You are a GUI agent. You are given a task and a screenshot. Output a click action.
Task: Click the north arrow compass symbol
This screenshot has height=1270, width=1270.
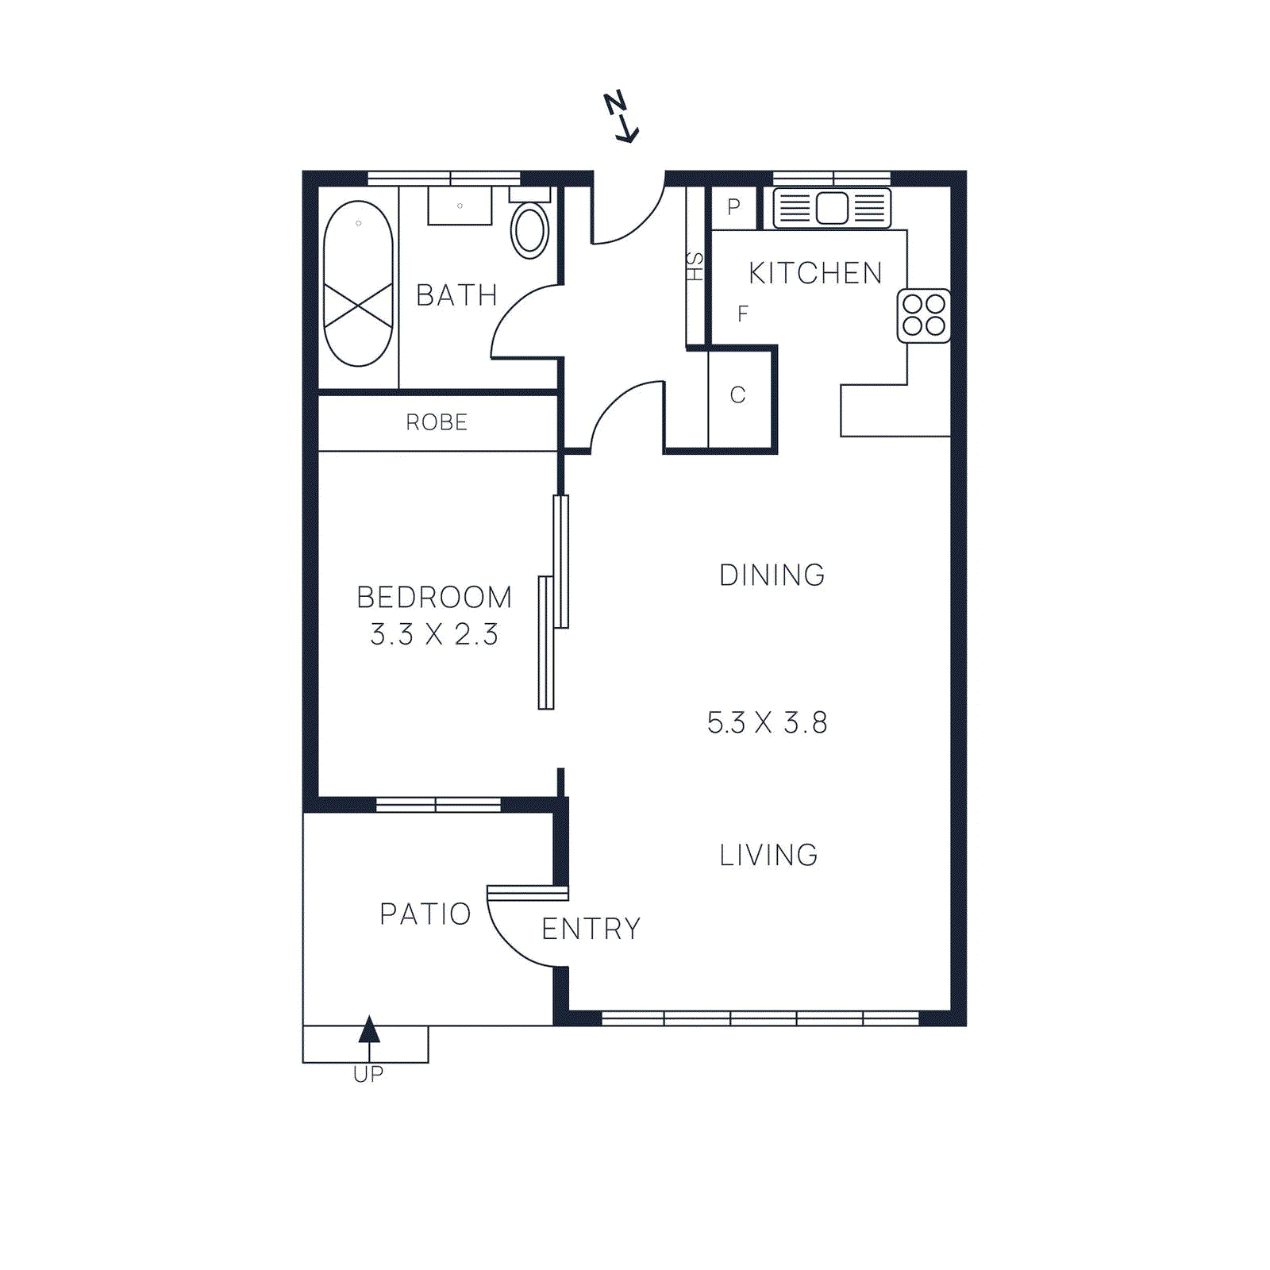click(x=621, y=117)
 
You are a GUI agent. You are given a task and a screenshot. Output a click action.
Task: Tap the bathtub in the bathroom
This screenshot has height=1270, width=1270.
click(x=358, y=283)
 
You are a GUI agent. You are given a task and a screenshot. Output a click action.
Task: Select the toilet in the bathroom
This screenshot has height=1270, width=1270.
click(x=529, y=230)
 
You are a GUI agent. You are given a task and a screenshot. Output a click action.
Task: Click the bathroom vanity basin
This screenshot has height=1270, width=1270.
click(x=460, y=206)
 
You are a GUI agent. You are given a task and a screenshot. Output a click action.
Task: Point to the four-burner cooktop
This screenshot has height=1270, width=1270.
click(x=924, y=316)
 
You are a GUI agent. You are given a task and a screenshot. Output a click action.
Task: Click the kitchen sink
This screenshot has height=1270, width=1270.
click(x=832, y=209)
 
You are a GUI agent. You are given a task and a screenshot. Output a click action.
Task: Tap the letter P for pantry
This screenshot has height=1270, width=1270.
click(x=733, y=208)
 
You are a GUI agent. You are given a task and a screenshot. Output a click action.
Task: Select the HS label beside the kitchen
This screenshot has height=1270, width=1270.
click(x=695, y=267)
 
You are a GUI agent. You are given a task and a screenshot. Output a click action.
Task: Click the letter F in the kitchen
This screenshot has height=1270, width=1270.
click(x=742, y=314)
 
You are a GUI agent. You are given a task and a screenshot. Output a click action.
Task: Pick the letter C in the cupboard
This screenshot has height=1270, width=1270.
click(x=737, y=395)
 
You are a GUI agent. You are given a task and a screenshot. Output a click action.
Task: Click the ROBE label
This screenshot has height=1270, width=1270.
click(x=437, y=422)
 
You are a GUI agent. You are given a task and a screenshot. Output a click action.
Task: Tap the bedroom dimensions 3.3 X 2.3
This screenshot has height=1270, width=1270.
click(x=434, y=635)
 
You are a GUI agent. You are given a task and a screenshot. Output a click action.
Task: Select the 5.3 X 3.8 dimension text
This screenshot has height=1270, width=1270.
click(x=767, y=723)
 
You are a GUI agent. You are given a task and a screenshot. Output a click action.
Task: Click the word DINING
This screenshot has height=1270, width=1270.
click(x=772, y=575)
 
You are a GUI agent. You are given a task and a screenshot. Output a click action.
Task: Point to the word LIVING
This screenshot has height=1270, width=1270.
click(x=768, y=856)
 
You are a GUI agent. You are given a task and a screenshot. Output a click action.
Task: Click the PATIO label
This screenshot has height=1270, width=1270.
click(x=425, y=914)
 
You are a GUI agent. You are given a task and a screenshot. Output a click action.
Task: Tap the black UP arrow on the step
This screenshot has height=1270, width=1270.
click(x=369, y=1030)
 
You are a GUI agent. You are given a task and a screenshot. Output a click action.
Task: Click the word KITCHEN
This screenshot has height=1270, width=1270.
click(x=815, y=273)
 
